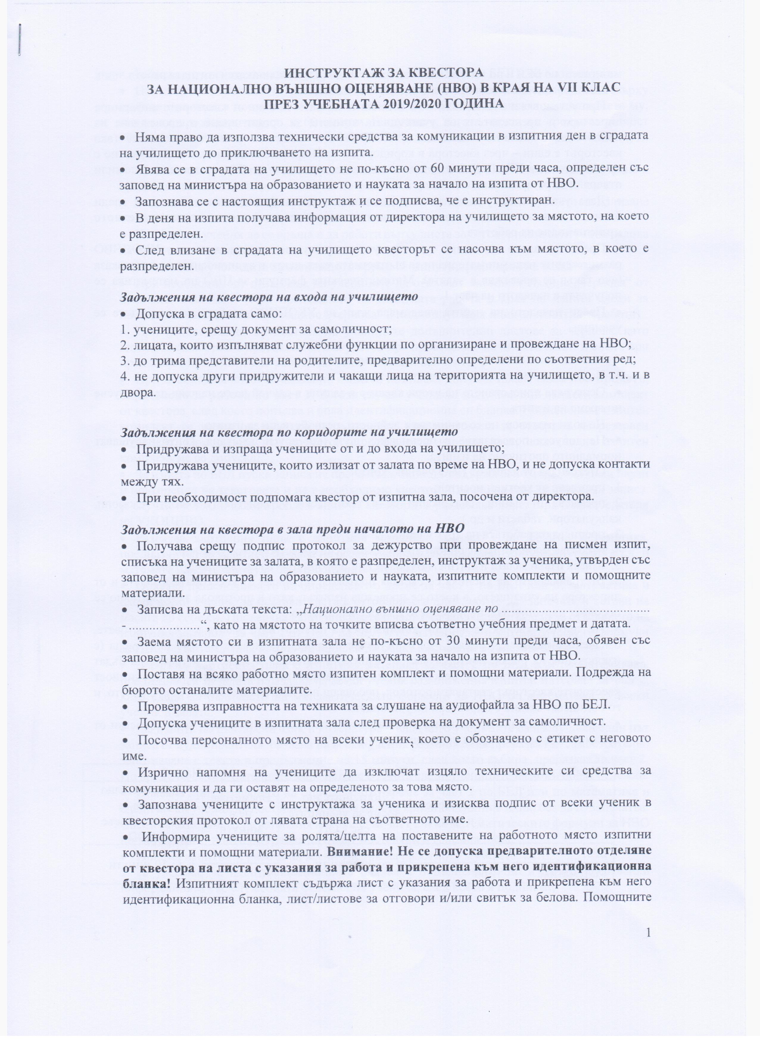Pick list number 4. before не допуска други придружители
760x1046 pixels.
[124, 375]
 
